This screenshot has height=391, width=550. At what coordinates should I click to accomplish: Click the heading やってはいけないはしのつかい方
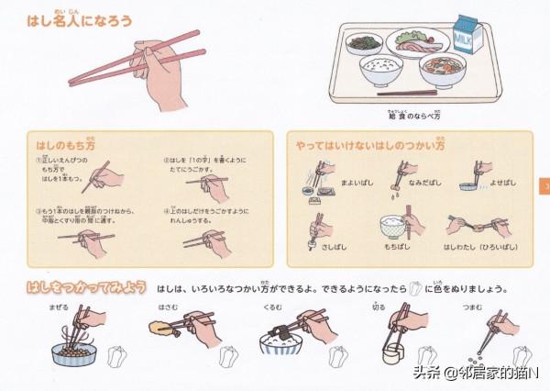(x=369, y=145)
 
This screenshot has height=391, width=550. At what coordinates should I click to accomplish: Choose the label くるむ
(x=272, y=307)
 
